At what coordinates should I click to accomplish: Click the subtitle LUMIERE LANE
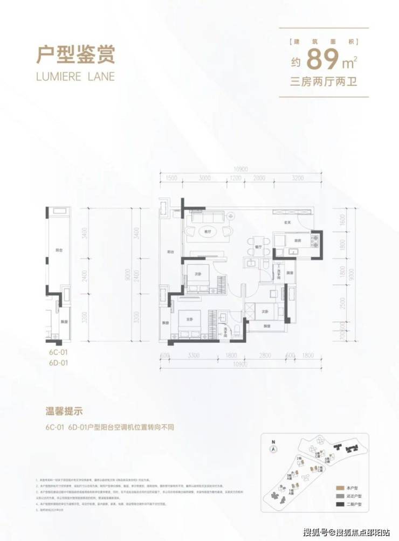tap(75, 76)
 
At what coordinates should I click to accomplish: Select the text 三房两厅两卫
tap(324, 82)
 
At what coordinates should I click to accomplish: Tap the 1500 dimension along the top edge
tap(171, 177)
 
